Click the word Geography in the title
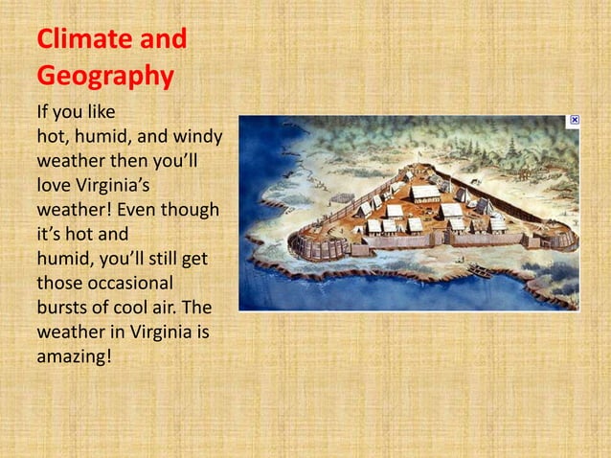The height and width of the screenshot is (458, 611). pyautogui.click(x=104, y=76)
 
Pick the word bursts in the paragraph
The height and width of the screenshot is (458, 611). pyautogui.click(x=62, y=308)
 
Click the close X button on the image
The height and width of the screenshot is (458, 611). pyautogui.click(x=574, y=121)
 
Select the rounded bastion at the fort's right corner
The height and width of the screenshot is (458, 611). pyautogui.click(x=561, y=236)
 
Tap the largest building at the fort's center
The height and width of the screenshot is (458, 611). pyautogui.click(x=425, y=193)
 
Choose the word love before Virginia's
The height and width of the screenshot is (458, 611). pyautogui.click(x=55, y=184)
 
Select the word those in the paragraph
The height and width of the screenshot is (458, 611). pyautogui.click(x=59, y=283)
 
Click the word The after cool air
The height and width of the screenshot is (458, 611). pyautogui.click(x=195, y=308)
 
